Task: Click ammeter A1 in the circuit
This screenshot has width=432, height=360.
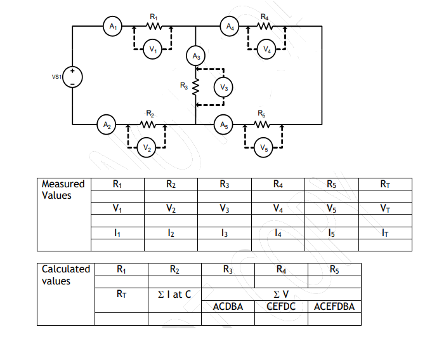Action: [112, 27]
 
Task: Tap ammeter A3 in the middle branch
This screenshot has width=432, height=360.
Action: [196, 57]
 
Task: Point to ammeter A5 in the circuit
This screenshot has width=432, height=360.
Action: [223, 123]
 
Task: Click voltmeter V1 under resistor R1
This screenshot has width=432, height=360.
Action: [152, 49]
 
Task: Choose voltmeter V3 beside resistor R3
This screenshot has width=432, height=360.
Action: [223, 86]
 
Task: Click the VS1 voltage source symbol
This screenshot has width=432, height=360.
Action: [74, 77]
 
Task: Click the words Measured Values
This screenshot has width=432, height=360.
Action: [63, 190]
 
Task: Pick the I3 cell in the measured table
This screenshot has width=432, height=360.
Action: [224, 233]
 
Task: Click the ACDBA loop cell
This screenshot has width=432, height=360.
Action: [228, 307]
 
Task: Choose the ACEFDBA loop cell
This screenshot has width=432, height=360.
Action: [334, 307]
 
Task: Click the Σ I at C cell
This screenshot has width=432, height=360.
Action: [174, 294]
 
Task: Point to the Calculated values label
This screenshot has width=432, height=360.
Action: [65, 275]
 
